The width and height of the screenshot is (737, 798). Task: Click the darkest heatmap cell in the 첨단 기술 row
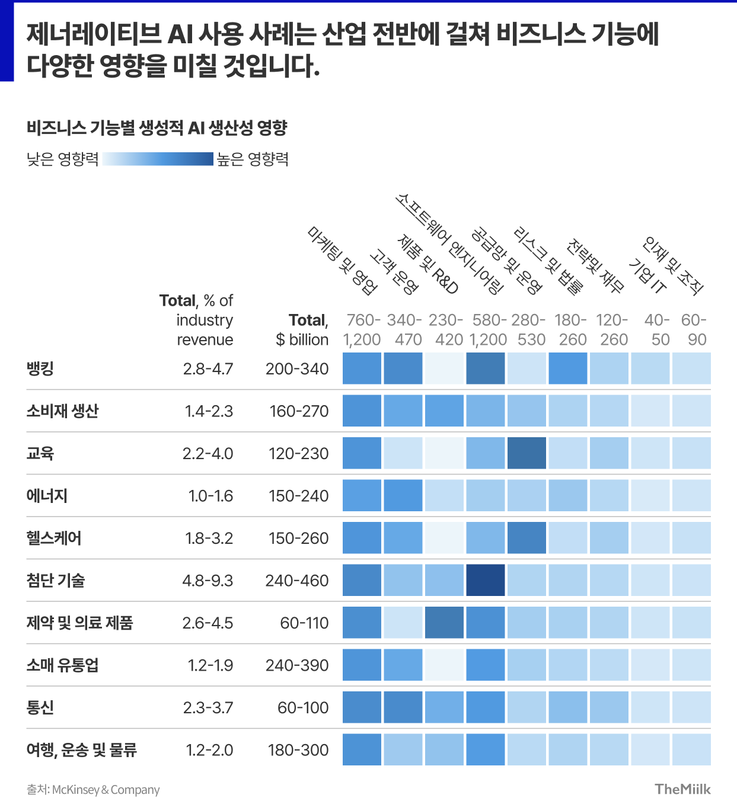pyautogui.click(x=486, y=580)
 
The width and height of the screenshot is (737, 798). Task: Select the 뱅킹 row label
pyautogui.click(x=40, y=368)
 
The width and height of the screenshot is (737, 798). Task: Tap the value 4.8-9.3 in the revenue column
pyautogui.click(x=208, y=581)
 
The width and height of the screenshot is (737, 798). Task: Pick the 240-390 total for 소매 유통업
pyautogui.click(x=296, y=665)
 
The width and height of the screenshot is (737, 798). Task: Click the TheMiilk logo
pyautogui.click(x=682, y=789)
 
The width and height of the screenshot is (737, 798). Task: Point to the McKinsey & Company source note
pyautogui.click(x=93, y=790)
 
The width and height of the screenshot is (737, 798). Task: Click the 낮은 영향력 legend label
pyautogui.click(x=62, y=159)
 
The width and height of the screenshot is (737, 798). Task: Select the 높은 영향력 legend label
pyautogui.click(x=253, y=159)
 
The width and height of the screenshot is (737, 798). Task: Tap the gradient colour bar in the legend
pyautogui.click(x=158, y=159)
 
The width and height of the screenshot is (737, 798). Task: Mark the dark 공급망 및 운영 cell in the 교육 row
pyautogui.click(x=527, y=453)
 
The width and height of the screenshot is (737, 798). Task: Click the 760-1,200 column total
pyautogui.click(x=362, y=330)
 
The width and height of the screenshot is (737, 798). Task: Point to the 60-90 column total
pyautogui.click(x=693, y=330)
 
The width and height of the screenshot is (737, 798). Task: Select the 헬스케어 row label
pyautogui.click(x=54, y=538)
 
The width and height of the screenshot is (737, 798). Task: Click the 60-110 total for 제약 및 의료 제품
pyautogui.click(x=304, y=623)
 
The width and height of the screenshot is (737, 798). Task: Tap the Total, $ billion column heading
pyautogui.click(x=302, y=330)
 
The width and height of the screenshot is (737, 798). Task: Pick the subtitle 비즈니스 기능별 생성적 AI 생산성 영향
pyautogui.click(x=157, y=127)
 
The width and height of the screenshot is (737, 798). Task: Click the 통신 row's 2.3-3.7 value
pyautogui.click(x=208, y=708)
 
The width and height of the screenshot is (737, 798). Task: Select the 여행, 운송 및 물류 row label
pyautogui.click(x=82, y=750)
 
